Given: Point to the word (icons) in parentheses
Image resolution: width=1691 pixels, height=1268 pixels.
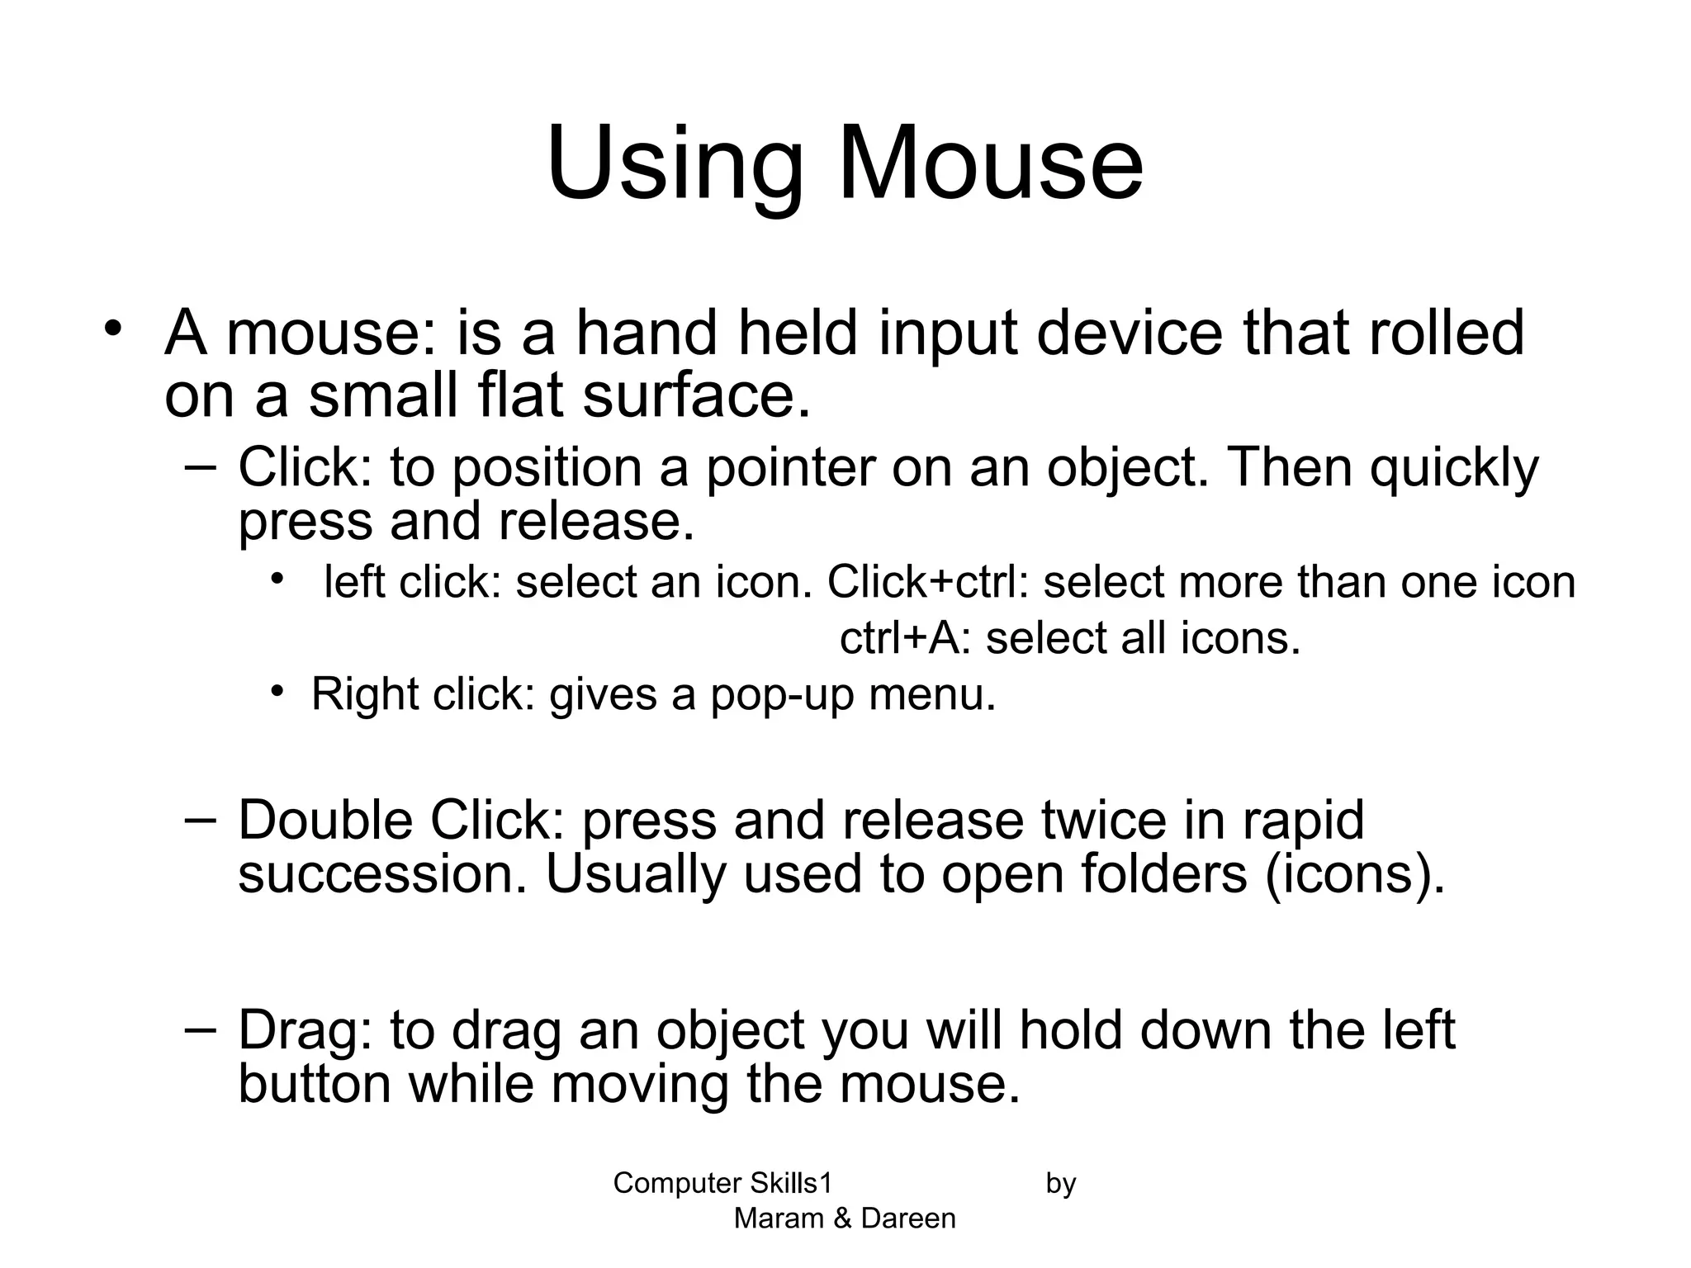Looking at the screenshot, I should point(1355,876).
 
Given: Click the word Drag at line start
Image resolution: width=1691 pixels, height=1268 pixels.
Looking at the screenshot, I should point(306,1031).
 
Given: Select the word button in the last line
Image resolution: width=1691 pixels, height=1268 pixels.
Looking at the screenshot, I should point(314,1084).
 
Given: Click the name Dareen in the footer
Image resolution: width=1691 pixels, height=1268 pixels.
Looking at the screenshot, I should point(908,1218).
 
